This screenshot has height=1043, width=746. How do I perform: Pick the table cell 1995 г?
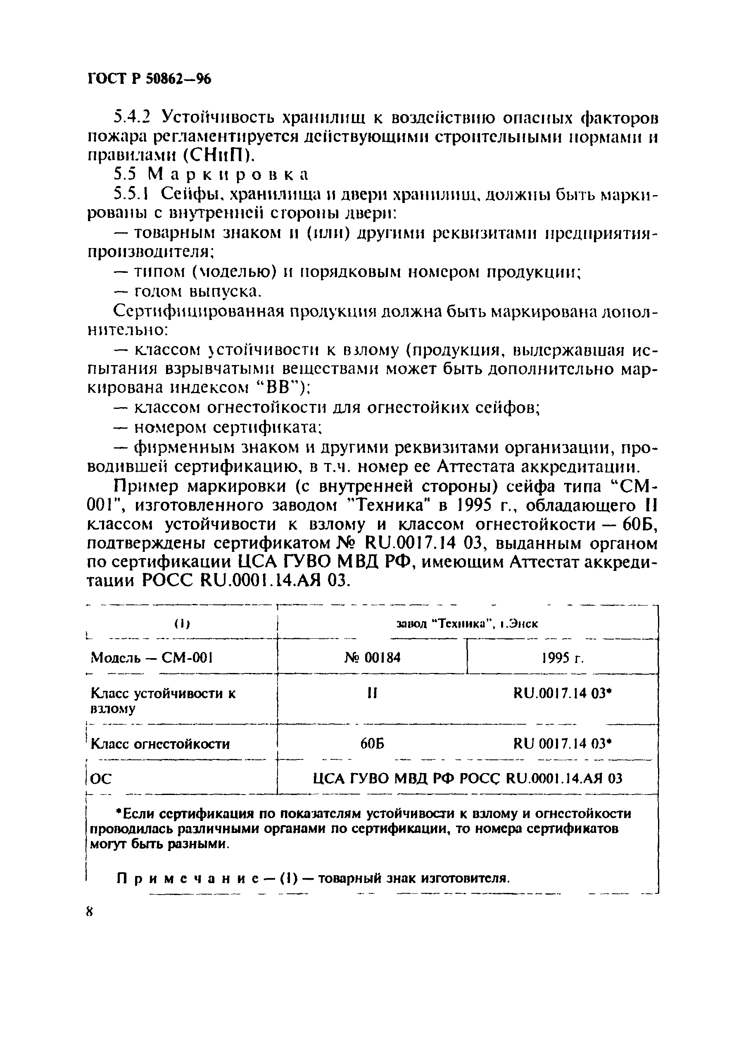point(562,658)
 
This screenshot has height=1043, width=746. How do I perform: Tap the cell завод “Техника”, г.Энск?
point(467,624)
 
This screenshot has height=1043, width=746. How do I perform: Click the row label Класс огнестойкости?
point(160,744)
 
